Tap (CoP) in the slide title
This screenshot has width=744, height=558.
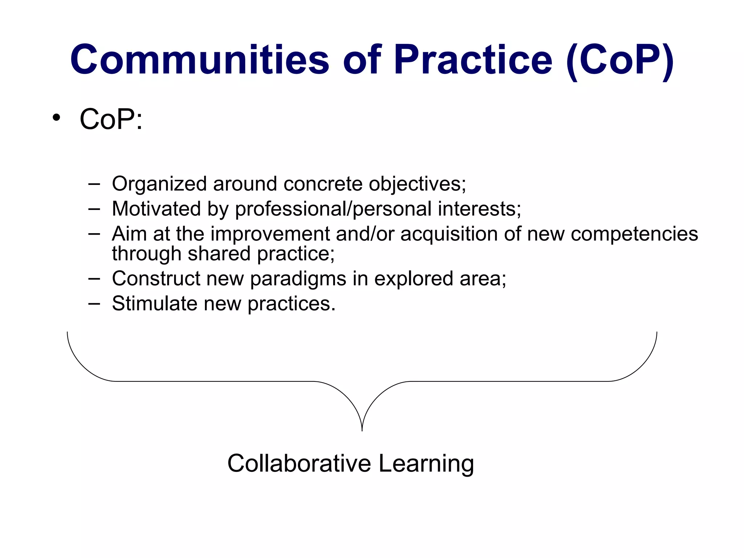[x=620, y=60]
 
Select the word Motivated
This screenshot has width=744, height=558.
[x=157, y=209]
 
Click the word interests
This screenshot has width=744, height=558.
[x=479, y=209]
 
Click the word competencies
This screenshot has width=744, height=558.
[x=634, y=234]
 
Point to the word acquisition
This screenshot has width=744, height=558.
[x=449, y=234]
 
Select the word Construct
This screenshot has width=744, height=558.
[x=156, y=279]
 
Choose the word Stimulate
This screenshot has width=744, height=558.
[x=155, y=303]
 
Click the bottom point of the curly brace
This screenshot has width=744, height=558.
[x=362, y=430]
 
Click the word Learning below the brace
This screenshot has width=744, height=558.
[x=426, y=464]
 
